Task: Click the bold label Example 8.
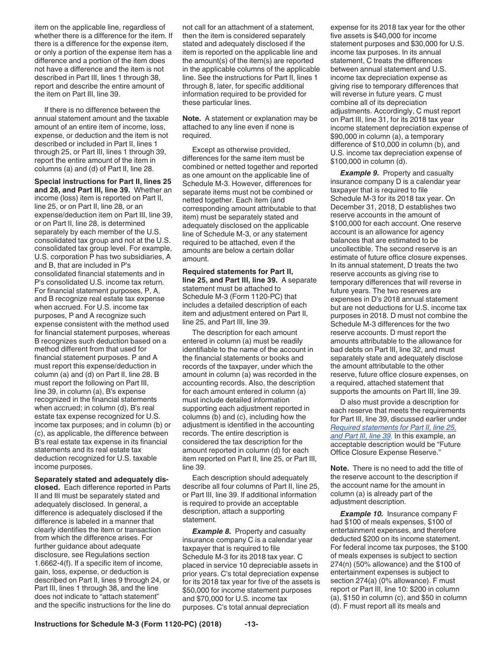[x=212, y=531]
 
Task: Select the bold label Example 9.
[x=360, y=173]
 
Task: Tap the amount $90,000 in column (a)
[x=343, y=136]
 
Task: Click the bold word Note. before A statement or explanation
[x=192, y=119]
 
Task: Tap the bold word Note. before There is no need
[x=339, y=468]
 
